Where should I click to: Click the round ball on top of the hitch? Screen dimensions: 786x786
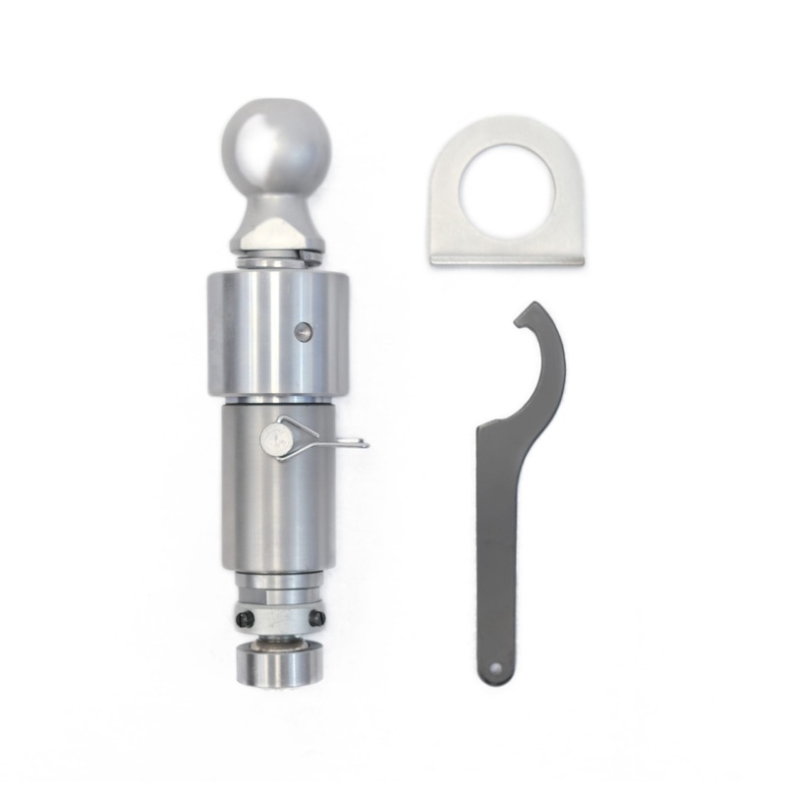276,148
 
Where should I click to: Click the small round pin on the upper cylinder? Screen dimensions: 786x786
305,333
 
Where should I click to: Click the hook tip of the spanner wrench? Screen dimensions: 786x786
520,317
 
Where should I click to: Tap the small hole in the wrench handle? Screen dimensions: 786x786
495,668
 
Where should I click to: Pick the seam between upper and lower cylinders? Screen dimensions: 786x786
277,400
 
